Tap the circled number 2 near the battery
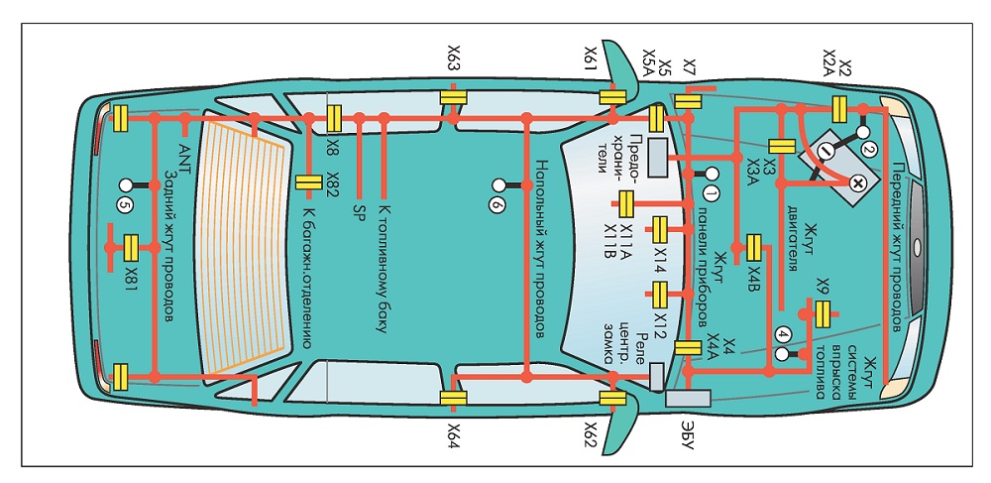pos(869,150)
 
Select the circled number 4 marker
pos(784,334)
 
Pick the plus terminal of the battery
pos(856,183)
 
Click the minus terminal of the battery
pos(825,151)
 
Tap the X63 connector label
pos(454,59)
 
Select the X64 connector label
pos(454,435)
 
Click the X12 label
pos(660,326)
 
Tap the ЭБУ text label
pos(689,434)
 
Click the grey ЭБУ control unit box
pos(689,399)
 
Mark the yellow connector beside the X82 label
pos(309,182)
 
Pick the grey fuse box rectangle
pos(657,158)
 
